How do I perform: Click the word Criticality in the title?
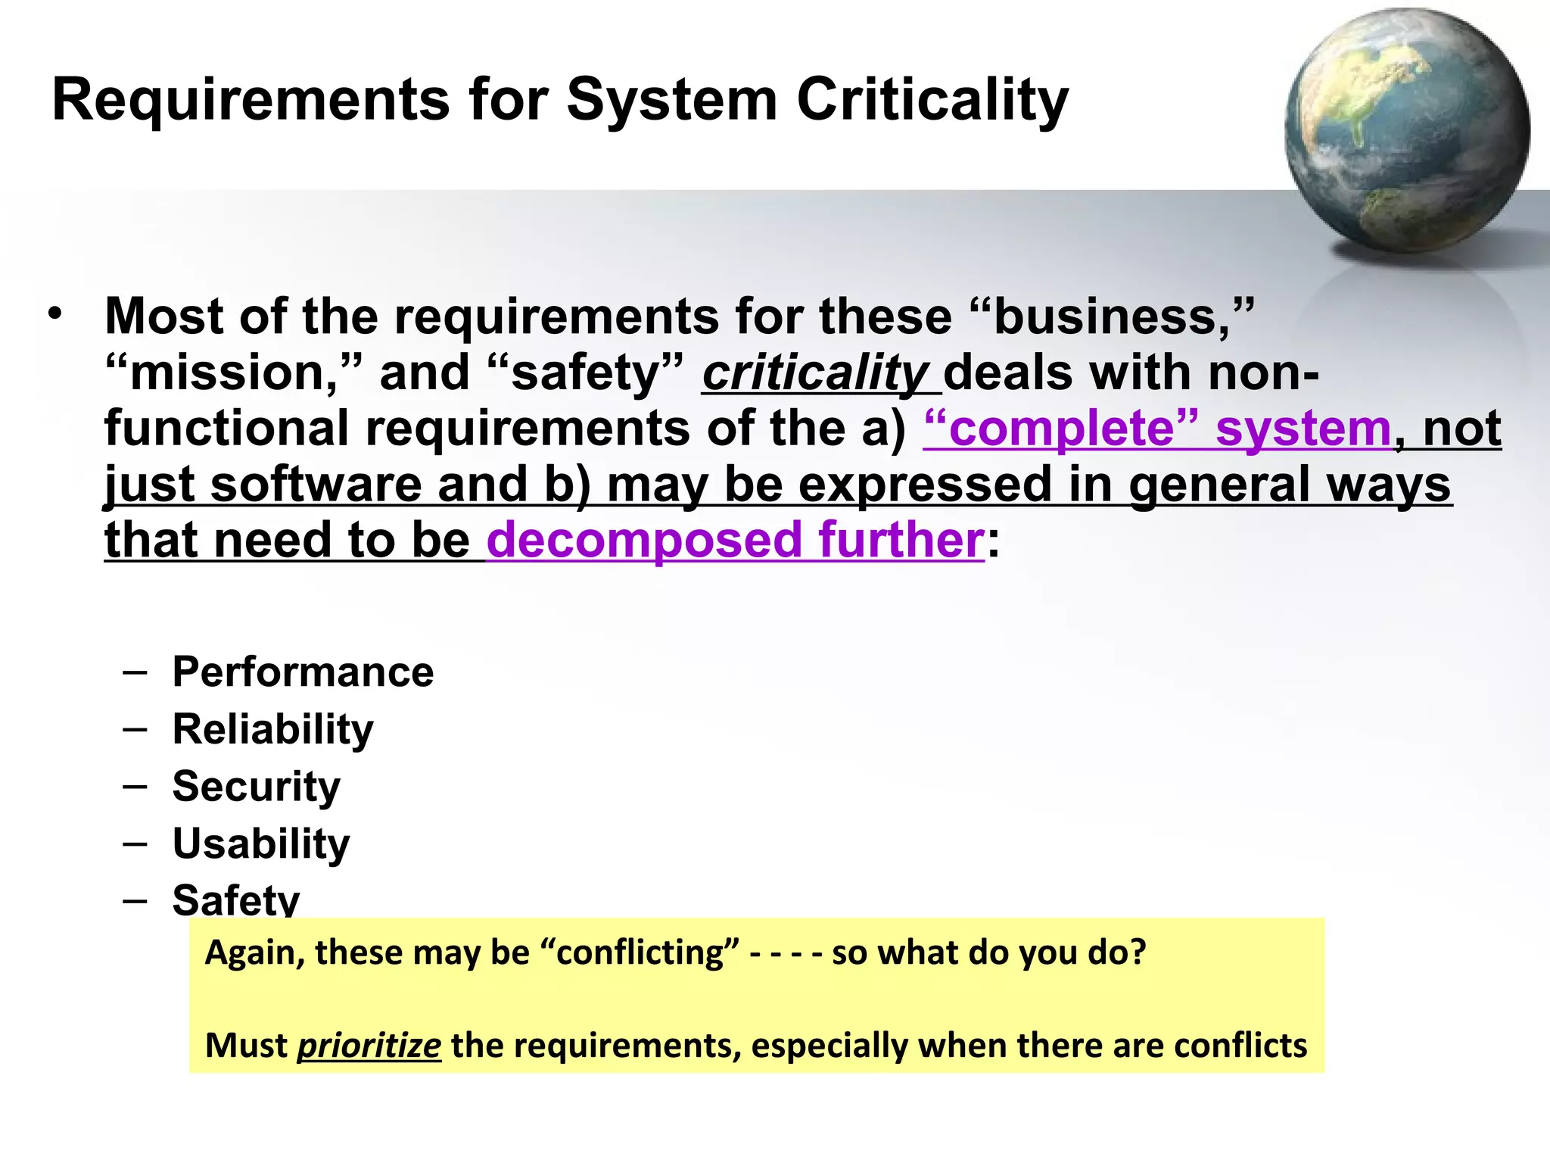(932, 99)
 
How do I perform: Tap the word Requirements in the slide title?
(251, 99)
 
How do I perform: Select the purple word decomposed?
(644, 540)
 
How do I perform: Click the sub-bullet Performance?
(303, 672)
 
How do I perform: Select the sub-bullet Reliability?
(272, 728)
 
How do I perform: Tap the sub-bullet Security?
(256, 786)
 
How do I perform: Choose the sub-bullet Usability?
(261, 843)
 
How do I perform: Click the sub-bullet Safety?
(236, 899)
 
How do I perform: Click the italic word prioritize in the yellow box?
(369, 1046)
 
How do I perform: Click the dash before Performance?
(135, 672)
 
